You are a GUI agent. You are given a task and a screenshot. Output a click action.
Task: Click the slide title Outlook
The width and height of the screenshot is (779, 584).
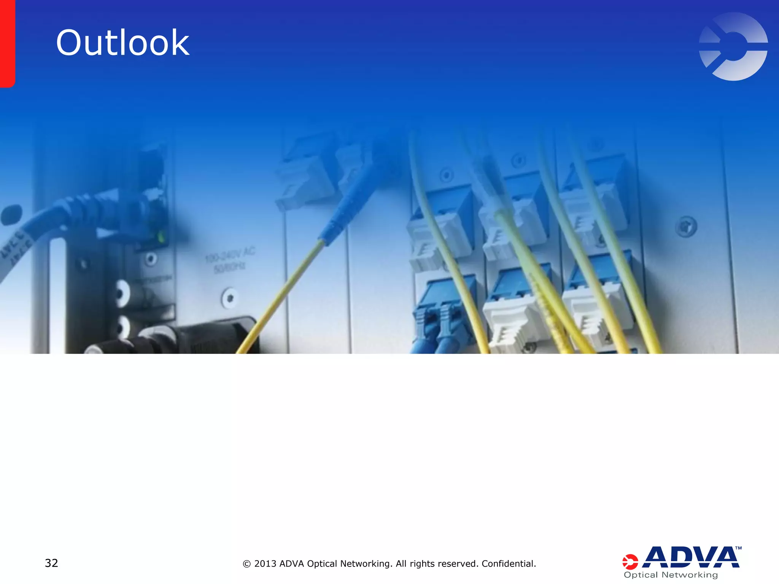[x=122, y=43]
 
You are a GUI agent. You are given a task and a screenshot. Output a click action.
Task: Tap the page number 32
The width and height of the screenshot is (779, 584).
[x=51, y=563]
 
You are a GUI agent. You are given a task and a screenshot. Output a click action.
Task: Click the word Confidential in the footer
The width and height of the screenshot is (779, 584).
[x=508, y=563]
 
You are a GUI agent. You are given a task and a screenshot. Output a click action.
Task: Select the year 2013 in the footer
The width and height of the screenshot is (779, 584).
[x=265, y=563]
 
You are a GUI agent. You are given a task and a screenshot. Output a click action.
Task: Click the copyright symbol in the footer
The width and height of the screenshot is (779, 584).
[x=246, y=564]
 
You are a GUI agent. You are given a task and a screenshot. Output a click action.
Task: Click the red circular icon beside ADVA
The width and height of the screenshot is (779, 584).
[x=630, y=562]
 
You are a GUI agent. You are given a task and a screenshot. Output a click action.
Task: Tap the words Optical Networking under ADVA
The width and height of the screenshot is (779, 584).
[x=671, y=575]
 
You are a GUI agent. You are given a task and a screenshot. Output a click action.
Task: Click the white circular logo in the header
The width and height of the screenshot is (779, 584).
[x=733, y=46]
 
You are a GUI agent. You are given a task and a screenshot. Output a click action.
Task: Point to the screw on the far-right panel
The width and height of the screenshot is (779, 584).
[x=686, y=227]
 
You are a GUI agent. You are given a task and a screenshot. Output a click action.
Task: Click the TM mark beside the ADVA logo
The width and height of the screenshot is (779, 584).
[x=738, y=548]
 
